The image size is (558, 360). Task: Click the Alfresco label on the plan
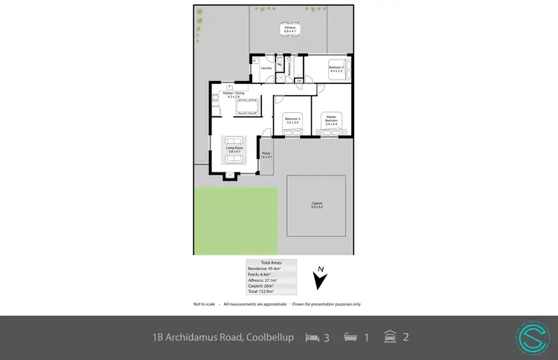pyautogui.click(x=289, y=28)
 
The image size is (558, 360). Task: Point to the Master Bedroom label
pyautogui.click(x=331, y=118)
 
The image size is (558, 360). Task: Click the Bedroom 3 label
pyautogui.click(x=292, y=120)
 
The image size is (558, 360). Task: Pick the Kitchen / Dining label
pyautogui.click(x=233, y=94)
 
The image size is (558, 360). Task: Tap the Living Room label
pyautogui.click(x=235, y=150)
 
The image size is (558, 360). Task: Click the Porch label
pyautogui.click(x=266, y=155)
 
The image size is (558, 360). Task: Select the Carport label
pyautogui.click(x=316, y=205)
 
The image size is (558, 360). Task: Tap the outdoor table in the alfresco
pyautogui.click(x=289, y=33)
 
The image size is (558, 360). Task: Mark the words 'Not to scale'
pyautogui.click(x=205, y=303)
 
